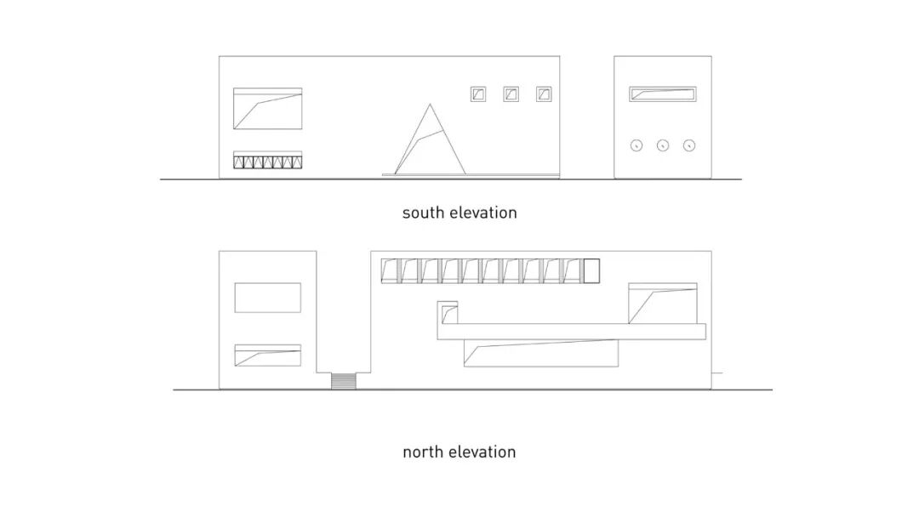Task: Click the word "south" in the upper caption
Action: point(423,213)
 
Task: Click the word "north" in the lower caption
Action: point(423,452)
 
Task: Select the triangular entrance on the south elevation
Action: point(429,145)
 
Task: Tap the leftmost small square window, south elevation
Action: point(478,94)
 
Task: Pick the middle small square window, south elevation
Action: point(511,94)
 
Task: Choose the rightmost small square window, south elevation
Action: point(544,94)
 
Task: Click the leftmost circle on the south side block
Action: point(636,145)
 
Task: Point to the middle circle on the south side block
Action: point(663,145)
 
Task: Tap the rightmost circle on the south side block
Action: point(690,145)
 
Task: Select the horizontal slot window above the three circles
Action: point(663,94)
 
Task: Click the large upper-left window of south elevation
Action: point(267,109)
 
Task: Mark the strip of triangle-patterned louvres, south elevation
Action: point(267,161)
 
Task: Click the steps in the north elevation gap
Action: point(343,381)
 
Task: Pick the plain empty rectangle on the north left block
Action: point(267,298)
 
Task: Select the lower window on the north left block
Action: point(267,356)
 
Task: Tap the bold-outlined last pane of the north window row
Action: point(591,270)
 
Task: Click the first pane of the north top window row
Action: point(391,270)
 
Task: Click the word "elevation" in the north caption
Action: point(482,452)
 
